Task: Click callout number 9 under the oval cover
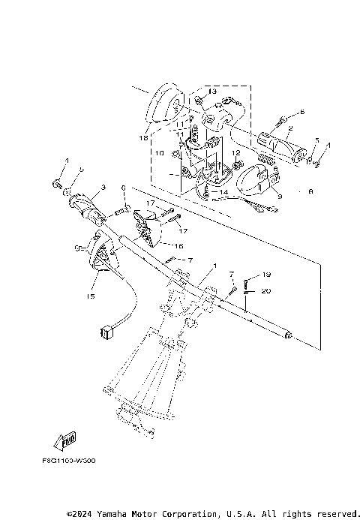(279, 197)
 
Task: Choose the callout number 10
(159, 152)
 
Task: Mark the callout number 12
(235, 153)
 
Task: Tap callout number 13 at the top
(212, 92)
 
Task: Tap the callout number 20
(267, 290)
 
